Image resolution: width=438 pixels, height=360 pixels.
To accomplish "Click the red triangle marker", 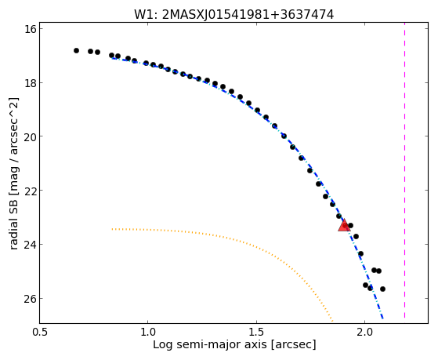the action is coord(344,226).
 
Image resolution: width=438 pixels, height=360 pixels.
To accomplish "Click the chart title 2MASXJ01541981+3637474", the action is coord(248,15).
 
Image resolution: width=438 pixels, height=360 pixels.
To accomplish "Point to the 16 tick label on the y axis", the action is coord(31,28).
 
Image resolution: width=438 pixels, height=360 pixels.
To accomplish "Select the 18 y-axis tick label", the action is coord(31,83).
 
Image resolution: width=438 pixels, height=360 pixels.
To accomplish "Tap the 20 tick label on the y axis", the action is coord(31,136).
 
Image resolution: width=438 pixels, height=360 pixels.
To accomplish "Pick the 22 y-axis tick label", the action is coord(31,191).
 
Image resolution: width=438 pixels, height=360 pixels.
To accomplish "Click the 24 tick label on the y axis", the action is coord(31,245).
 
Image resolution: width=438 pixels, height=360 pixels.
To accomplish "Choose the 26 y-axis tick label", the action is coord(31,299).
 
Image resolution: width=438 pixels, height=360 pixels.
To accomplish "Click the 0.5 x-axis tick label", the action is coord(40,333).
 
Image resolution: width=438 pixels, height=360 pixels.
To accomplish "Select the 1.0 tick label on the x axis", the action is coord(147,333).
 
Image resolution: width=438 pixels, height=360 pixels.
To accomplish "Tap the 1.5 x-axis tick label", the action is coord(256,333).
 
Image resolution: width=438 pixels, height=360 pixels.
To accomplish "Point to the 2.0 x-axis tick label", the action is coord(364,333).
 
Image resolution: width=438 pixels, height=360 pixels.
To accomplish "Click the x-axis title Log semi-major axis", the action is coord(209,345).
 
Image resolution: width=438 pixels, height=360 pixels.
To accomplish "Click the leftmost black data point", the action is coord(76,51).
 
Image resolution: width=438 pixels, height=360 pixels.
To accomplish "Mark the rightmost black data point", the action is coord(382,289).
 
